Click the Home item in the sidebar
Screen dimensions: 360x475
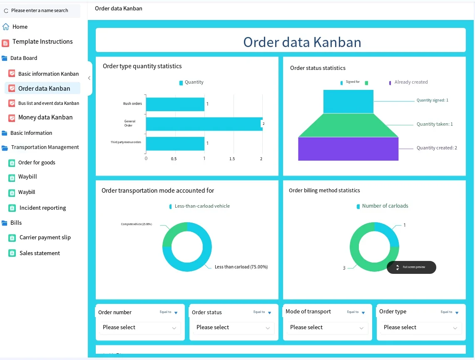tap(20, 27)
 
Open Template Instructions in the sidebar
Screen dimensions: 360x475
tap(42, 42)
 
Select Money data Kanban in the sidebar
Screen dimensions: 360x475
tap(45, 117)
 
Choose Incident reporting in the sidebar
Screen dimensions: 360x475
tap(42, 208)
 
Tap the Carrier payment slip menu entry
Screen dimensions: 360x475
tap(45, 238)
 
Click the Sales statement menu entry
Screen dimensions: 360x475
tap(40, 253)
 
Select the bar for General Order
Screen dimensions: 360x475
tap(204, 124)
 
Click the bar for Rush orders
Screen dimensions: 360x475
tap(175, 104)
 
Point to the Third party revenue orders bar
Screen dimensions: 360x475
tap(175, 144)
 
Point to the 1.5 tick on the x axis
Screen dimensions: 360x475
tap(232, 159)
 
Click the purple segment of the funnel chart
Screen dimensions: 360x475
tap(348, 149)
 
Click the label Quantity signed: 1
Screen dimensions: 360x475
tap(432, 100)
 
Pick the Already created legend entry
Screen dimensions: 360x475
tap(410, 82)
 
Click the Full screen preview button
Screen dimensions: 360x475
tap(411, 267)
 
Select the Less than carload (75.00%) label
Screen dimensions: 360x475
tap(241, 267)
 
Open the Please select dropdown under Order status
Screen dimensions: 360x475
tap(233, 328)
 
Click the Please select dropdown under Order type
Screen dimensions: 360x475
tap(420, 328)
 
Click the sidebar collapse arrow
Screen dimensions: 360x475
tap(89, 78)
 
